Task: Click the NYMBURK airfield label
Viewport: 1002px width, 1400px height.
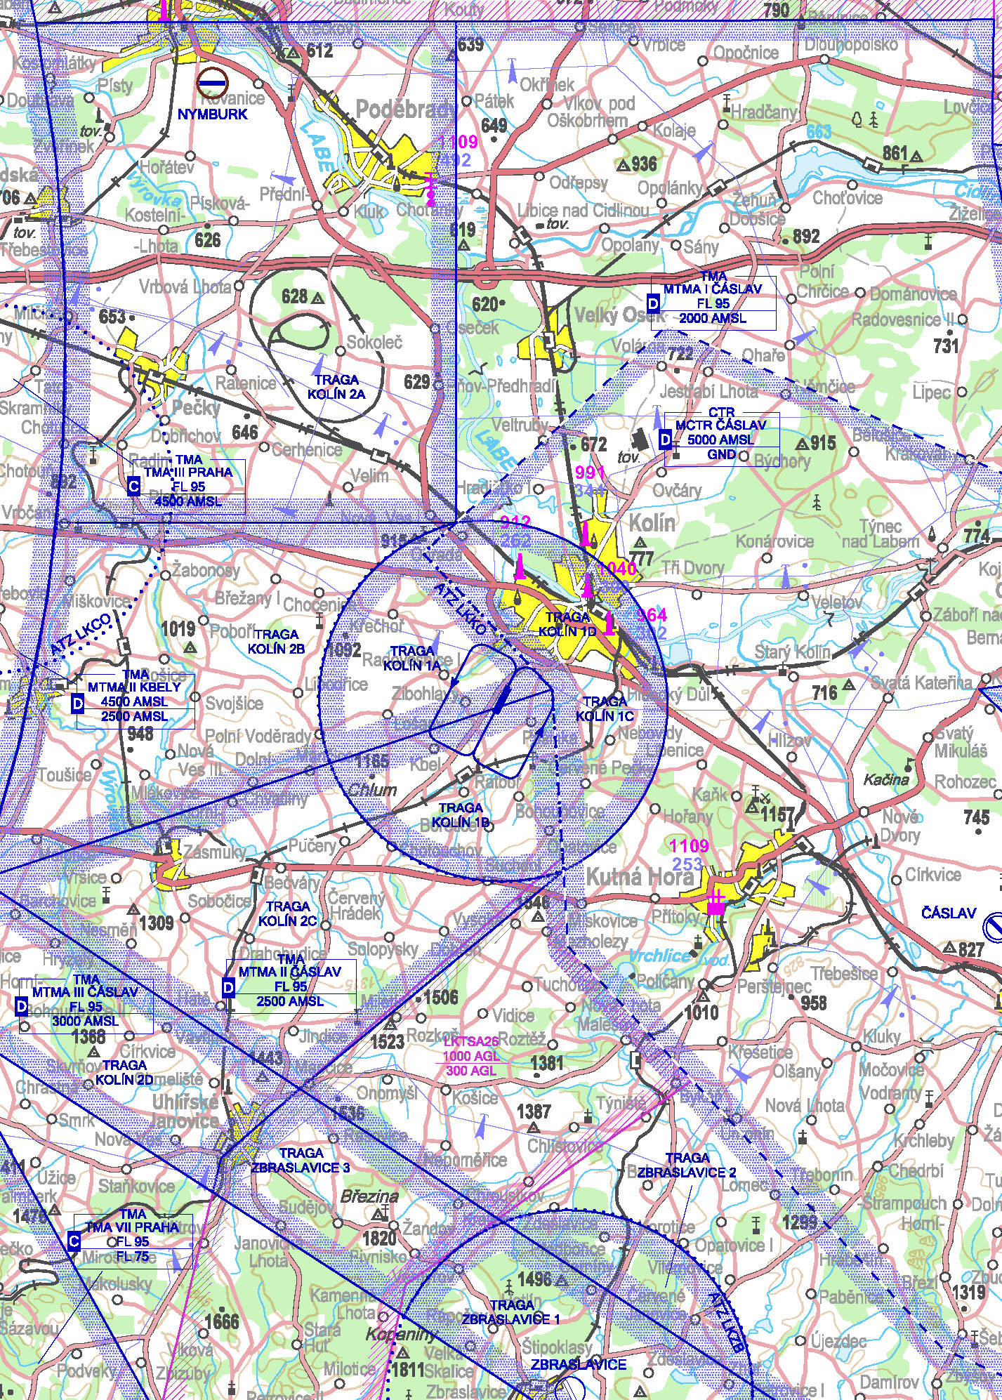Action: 212,114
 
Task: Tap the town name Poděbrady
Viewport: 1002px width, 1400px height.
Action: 405,110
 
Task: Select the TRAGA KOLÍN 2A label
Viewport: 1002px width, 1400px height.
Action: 336,387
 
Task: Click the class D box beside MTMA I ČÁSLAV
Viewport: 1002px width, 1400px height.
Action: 654,303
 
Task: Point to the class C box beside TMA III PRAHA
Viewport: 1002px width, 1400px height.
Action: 134,486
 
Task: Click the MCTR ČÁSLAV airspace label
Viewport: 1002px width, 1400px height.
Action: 720,425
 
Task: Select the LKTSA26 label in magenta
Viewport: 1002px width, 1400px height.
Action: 471,1042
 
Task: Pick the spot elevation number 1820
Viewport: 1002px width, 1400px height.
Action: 380,1238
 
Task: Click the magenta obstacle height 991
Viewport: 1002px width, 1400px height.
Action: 589,472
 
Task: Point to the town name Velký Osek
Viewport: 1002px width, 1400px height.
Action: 618,316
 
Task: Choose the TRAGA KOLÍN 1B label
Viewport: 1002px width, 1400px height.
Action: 461,815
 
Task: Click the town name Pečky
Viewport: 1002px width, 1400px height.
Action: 196,408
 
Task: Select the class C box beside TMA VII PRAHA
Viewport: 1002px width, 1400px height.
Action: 74,1242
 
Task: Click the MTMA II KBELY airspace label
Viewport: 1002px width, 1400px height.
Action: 135,687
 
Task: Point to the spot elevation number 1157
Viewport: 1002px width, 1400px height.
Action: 777,815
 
